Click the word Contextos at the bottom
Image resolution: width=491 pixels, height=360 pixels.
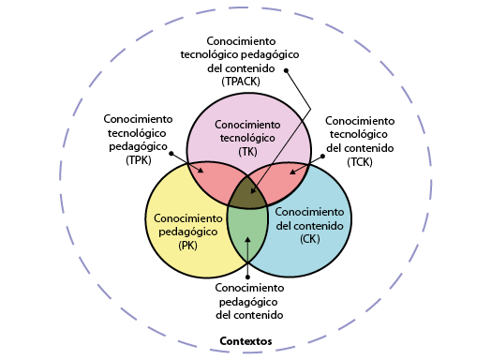tap(245, 341)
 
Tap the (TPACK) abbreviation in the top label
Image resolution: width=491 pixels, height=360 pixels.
tap(241, 82)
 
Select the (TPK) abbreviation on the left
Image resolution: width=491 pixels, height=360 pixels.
tap(138, 160)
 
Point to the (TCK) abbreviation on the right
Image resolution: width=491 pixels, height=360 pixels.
tap(359, 162)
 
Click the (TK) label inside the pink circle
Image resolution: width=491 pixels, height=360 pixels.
tap(247, 151)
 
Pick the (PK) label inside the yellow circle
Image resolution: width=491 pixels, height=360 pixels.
tap(187, 246)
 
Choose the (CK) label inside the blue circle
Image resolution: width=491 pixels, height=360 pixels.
tap(310, 239)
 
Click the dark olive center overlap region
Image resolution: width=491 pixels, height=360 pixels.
tap(247, 191)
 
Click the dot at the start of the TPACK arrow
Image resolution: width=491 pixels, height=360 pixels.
tap(287, 69)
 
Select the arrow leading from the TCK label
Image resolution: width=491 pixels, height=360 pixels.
tap(307, 164)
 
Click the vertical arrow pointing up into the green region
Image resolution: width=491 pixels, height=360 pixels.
tap(247, 258)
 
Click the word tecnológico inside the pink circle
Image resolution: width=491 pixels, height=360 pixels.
tap(247, 138)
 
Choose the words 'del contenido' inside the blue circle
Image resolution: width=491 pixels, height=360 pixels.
tap(310, 225)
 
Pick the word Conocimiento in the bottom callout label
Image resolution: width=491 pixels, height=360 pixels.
tap(249, 288)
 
